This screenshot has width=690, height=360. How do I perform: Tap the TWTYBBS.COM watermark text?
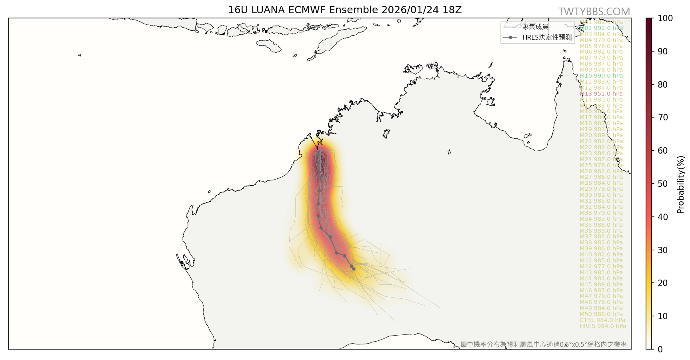point(594,12)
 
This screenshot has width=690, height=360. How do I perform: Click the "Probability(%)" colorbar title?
point(681,184)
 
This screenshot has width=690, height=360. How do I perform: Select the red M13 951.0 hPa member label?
point(601,94)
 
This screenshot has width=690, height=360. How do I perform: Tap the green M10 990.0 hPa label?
point(601,76)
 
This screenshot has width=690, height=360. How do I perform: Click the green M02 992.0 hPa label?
point(601,28)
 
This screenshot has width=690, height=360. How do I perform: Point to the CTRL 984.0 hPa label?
point(602,320)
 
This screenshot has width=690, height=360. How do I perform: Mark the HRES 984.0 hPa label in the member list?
point(602,326)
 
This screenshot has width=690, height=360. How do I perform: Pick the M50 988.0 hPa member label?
point(601,314)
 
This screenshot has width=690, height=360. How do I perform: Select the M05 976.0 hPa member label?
point(601,46)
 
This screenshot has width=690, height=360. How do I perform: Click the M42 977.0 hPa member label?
point(601,266)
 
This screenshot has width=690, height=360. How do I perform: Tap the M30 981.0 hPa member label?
point(601,195)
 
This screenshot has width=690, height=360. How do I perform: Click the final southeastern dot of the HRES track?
point(354,269)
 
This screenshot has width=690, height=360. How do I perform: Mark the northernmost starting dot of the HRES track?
point(318,152)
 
